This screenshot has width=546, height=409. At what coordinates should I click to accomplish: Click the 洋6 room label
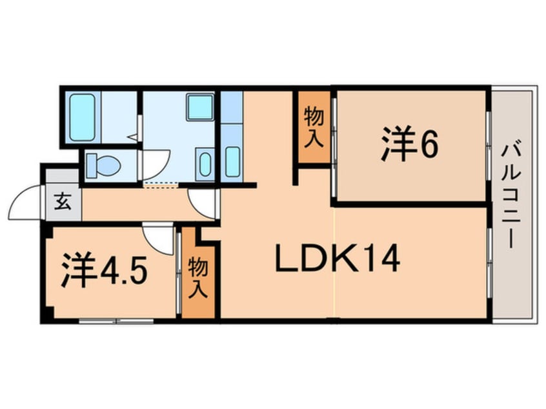click(x=409, y=144)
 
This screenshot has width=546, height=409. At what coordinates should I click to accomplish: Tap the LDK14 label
click(x=337, y=258)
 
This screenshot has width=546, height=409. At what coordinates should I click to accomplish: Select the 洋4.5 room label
click(x=105, y=269)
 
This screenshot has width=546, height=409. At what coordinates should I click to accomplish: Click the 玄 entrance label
click(x=63, y=201)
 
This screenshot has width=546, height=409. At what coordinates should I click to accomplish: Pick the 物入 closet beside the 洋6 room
click(x=314, y=126)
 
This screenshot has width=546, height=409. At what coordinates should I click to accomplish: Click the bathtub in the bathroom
click(x=82, y=117)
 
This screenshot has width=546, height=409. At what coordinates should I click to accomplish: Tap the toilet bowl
click(x=103, y=166)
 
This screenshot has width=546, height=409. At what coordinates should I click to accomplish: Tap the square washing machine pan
click(x=200, y=107)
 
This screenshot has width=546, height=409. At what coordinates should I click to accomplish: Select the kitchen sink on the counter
click(x=232, y=161)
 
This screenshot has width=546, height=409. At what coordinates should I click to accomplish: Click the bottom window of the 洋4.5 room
click(x=116, y=321)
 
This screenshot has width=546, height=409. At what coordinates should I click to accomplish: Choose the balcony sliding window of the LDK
click(x=489, y=263)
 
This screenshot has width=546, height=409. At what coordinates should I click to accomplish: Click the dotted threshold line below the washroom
click(x=160, y=185)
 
